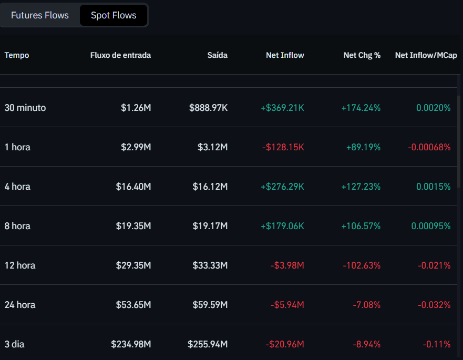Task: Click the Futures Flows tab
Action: click(x=40, y=15)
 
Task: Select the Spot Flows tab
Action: click(x=114, y=15)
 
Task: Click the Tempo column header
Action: click(x=17, y=55)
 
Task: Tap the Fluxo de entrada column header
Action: click(x=120, y=55)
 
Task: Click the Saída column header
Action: click(x=217, y=55)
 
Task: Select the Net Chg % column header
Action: click(x=362, y=55)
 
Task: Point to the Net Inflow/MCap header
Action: click(x=426, y=55)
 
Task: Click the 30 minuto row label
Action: click(x=25, y=108)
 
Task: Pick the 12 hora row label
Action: click(x=20, y=265)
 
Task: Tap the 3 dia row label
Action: click(x=15, y=344)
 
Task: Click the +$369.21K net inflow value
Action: click(x=282, y=108)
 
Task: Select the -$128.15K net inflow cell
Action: click(x=283, y=147)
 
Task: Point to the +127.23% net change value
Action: click(x=361, y=187)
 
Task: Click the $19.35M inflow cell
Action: click(x=133, y=226)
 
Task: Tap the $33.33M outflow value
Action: click(x=210, y=265)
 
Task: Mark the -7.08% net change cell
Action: click(x=366, y=305)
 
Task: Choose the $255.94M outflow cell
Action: click(x=208, y=344)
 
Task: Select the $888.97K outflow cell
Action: click(x=209, y=108)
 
